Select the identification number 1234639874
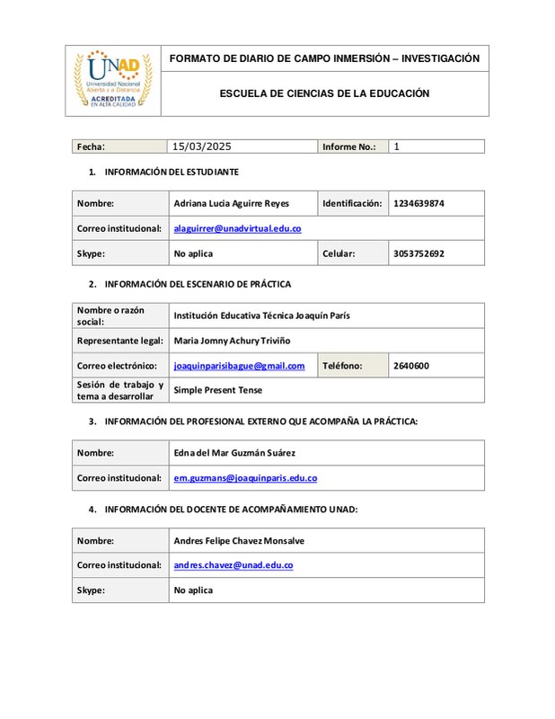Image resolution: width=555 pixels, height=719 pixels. click(x=418, y=203)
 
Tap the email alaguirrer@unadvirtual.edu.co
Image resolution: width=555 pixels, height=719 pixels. click(x=237, y=228)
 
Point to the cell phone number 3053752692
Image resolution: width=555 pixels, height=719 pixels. click(x=418, y=253)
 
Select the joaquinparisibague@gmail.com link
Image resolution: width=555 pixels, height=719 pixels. click(x=239, y=366)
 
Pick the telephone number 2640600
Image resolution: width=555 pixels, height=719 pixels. click(x=411, y=366)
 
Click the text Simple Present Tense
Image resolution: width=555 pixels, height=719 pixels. click(x=218, y=390)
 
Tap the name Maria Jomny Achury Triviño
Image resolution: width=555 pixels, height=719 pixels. click(x=232, y=342)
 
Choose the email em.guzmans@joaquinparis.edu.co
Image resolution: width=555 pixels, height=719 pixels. click(x=245, y=478)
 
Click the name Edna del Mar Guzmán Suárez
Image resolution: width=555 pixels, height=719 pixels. click(x=234, y=453)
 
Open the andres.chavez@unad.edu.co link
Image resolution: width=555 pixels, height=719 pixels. click(x=233, y=565)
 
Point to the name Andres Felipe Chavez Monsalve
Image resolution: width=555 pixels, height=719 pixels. click(x=239, y=541)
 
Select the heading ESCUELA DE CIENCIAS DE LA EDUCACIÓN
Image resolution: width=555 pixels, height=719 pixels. click(x=324, y=93)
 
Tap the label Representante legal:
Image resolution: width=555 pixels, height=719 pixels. click(x=119, y=342)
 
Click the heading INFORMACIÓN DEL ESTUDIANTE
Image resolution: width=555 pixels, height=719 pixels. click(x=172, y=172)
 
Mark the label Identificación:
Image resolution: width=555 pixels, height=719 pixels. click(x=352, y=203)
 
